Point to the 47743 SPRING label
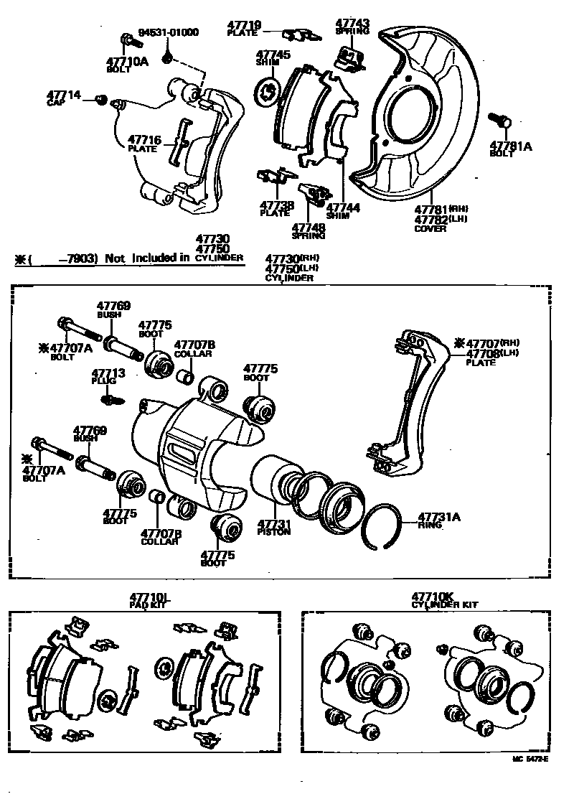click(352, 27)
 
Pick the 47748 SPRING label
click(309, 231)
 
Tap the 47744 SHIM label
click(343, 211)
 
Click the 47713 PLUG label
click(108, 376)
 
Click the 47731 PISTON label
click(274, 527)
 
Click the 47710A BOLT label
click(126, 65)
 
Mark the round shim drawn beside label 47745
click(267, 91)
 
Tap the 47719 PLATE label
click(246, 29)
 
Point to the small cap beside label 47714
click(101, 98)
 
